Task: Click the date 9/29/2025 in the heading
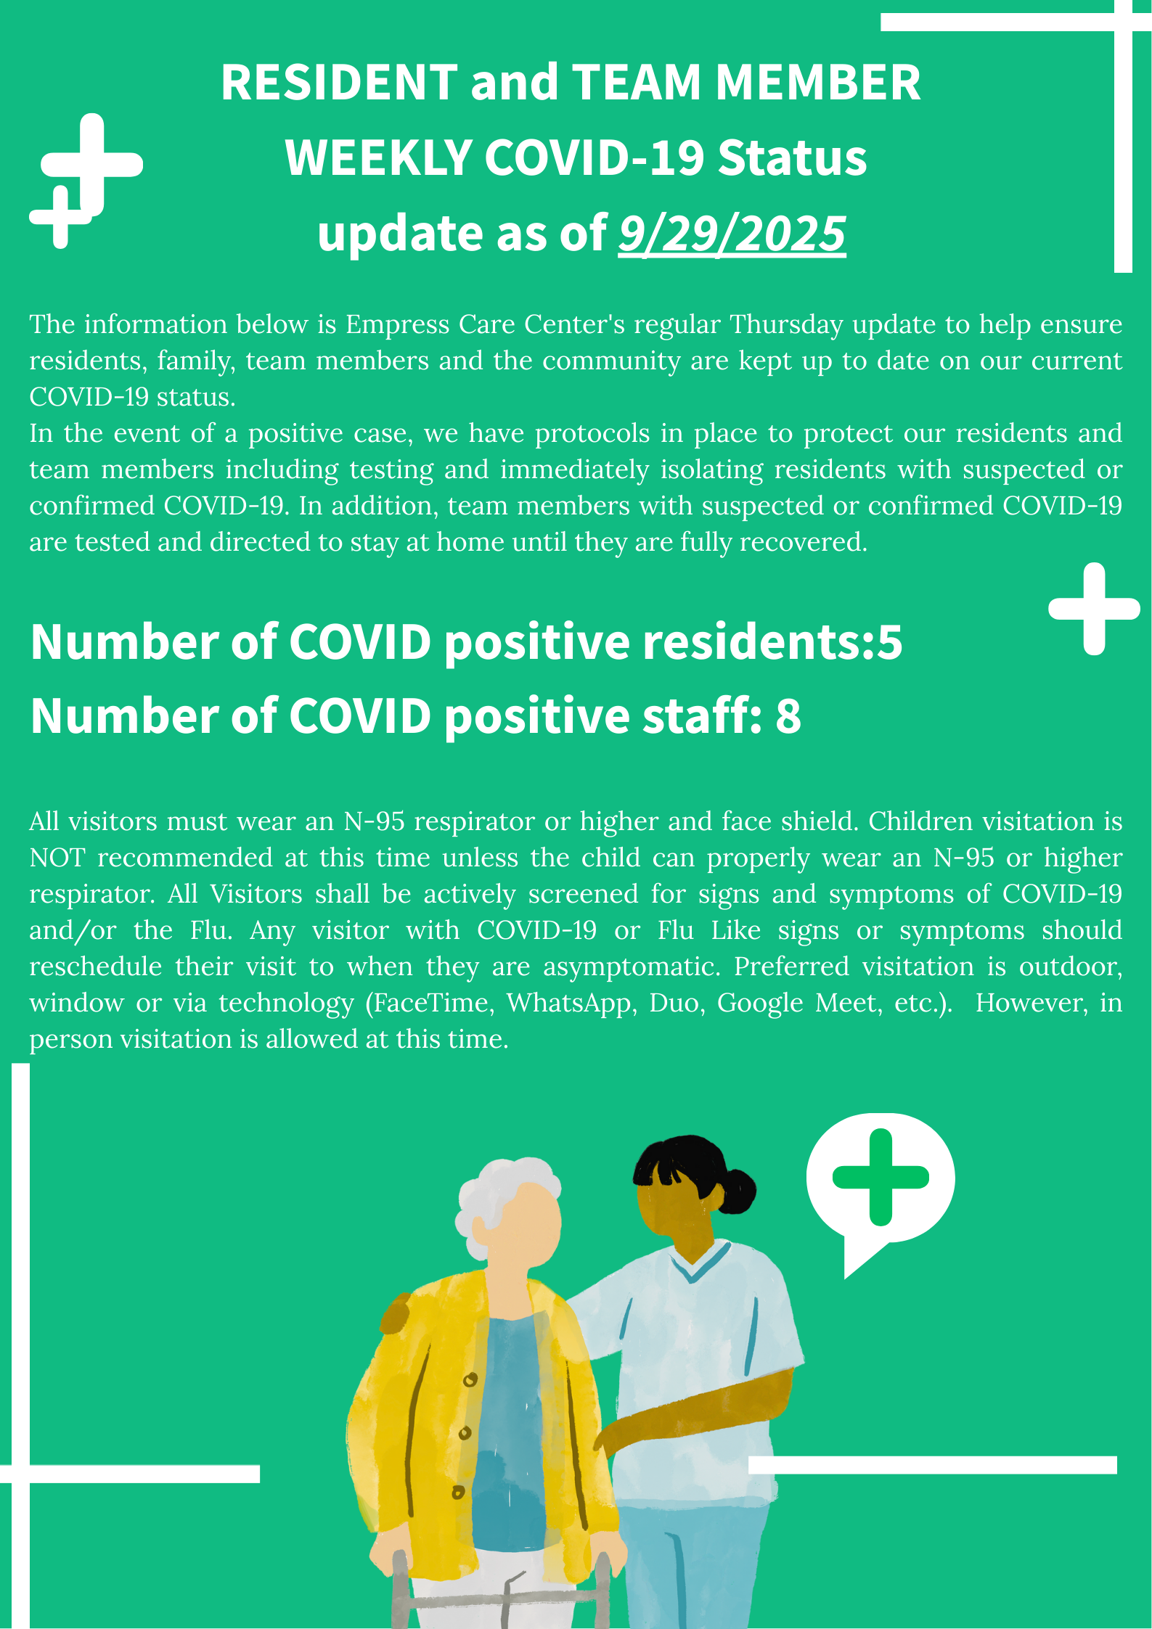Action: (x=732, y=234)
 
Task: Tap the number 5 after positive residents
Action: (x=890, y=642)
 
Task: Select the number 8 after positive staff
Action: (x=788, y=716)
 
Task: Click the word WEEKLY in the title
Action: (x=379, y=157)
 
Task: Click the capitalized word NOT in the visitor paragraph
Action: (x=57, y=858)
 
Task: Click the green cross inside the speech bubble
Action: (x=881, y=1177)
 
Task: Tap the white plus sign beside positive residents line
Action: (x=1094, y=609)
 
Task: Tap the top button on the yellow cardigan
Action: (x=470, y=1379)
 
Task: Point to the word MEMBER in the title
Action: (x=818, y=82)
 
